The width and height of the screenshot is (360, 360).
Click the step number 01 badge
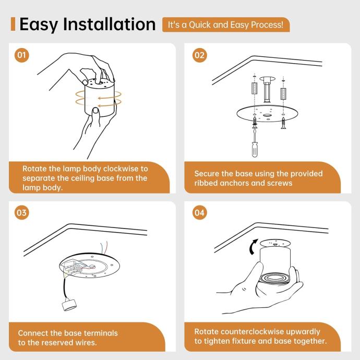(21, 55)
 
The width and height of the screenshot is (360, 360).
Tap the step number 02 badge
(199, 55)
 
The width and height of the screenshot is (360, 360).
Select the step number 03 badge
(21, 212)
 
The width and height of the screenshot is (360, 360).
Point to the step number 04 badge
(199, 212)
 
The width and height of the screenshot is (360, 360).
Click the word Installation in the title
(109, 24)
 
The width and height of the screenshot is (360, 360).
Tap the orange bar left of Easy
(13, 24)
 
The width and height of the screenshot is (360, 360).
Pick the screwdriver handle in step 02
(255, 149)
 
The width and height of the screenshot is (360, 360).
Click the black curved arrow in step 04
(253, 247)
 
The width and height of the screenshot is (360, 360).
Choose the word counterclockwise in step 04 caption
(252, 332)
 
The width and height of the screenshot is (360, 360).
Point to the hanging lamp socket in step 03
(69, 305)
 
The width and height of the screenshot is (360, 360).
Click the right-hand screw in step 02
(284, 123)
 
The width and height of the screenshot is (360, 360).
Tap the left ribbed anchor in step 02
(255, 88)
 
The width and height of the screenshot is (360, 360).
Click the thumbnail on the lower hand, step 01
(96, 111)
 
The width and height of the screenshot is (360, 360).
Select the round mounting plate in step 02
(267, 113)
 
